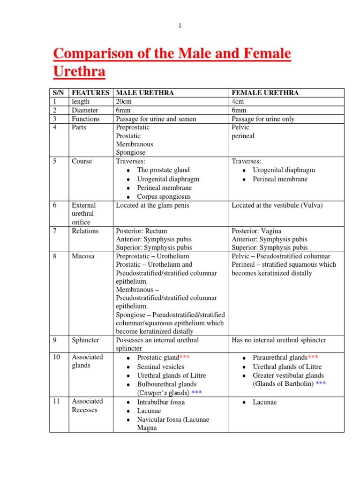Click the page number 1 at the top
click(x=179, y=26)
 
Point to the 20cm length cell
click(x=124, y=102)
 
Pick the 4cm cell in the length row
click(x=238, y=102)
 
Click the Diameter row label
click(x=85, y=110)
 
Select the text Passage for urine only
click(x=263, y=119)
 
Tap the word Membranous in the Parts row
click(x=134, y=144)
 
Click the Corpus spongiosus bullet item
click(x=164, y=197)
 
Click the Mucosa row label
click(x=82, y=256)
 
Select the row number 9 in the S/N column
click(x=55, y=340)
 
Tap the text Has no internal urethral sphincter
click(x=279, y=340)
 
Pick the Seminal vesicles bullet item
click(x=160, y=367)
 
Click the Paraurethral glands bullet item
click(x=280, y=358)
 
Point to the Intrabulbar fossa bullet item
click(x=161, y=402)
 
